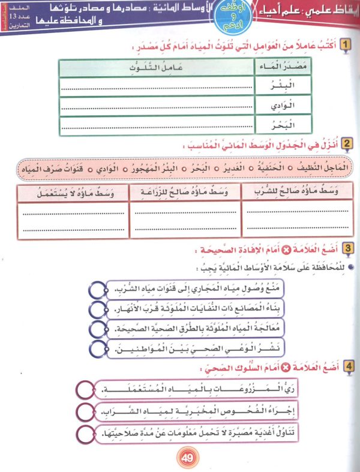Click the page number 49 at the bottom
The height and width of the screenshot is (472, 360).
185,459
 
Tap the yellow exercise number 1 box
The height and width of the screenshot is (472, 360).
346,45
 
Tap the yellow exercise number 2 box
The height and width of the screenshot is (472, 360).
346,144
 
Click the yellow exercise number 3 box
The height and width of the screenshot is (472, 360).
346,247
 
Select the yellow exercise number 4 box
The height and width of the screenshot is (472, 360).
346,365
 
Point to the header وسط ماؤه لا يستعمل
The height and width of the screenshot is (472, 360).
74,191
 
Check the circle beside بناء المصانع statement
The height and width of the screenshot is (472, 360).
96,309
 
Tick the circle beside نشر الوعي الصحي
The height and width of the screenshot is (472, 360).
96,347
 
